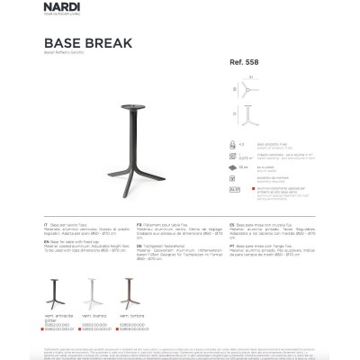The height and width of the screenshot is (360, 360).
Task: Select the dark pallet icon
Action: (233, 166)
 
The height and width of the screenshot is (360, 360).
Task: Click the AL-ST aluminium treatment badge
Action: (233, 190)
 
